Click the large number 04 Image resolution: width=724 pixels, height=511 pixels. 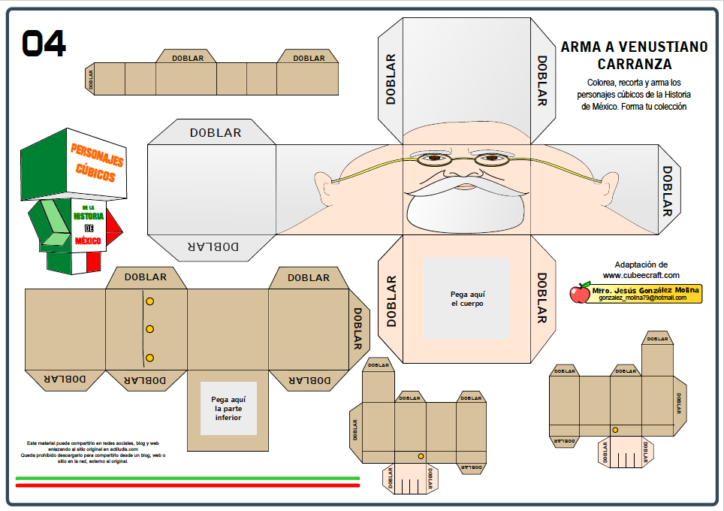tap(44, 44)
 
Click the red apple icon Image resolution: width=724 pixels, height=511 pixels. tap(580, 293)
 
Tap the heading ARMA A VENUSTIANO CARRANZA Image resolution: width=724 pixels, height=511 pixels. tap(634, 55)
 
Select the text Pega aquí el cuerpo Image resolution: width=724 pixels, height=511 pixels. tap(466, 299)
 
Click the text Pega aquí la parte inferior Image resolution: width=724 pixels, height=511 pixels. tap(228, 408)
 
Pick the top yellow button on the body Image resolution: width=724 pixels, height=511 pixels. tap(149, 301)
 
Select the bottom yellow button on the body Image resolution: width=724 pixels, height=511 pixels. tap(149, 358)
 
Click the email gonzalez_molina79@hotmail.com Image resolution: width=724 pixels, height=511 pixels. tap(643, 298)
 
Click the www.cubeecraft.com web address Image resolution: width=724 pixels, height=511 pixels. tap(641, 275)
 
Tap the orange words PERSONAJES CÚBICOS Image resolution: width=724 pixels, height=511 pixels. tap(96, 162)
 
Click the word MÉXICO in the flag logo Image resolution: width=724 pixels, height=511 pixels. tap(87, 241)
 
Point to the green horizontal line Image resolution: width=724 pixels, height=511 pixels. tap(187, 478)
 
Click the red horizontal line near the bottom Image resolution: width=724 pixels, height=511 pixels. tap(187, 485)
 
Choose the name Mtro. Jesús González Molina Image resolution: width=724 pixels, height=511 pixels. tap(645, 289)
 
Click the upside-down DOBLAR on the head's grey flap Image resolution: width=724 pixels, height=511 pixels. tap(215, 245)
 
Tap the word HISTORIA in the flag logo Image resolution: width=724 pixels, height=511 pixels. tap(88, 216)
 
